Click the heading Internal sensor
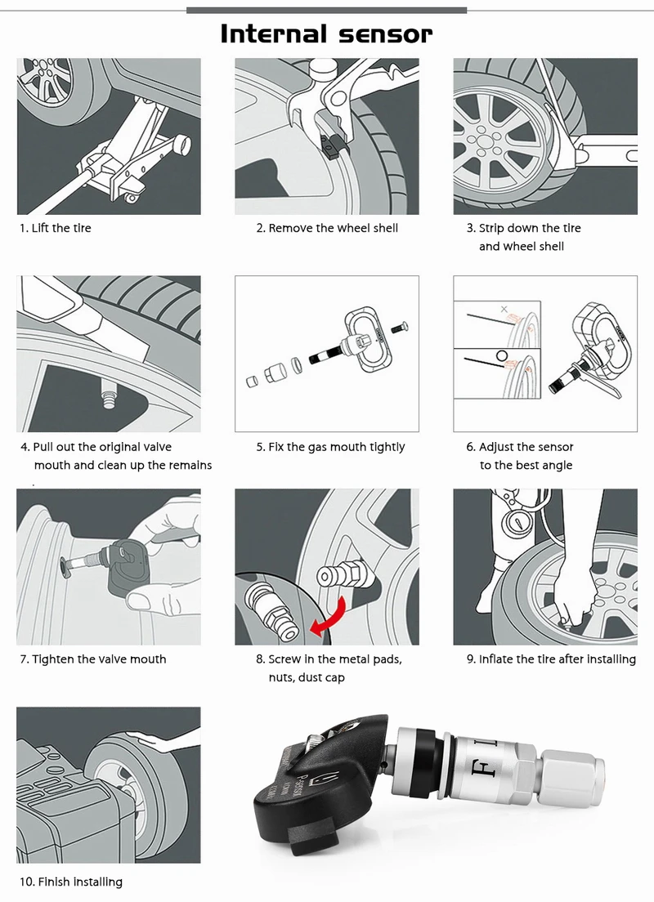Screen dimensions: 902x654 point(326,34)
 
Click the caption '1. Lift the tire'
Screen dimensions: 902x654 point(55,228)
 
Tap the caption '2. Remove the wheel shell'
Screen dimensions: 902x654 point(327,228)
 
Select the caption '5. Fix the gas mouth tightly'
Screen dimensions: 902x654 point(330,447)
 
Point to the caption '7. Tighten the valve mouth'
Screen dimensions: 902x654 point(92,659)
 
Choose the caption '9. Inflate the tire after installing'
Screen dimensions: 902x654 point(551,659)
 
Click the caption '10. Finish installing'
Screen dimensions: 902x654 point(70,882)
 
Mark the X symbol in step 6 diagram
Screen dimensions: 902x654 point(504,310)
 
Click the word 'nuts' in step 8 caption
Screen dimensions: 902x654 point(282,677)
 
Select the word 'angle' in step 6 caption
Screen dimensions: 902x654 point(556,465)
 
